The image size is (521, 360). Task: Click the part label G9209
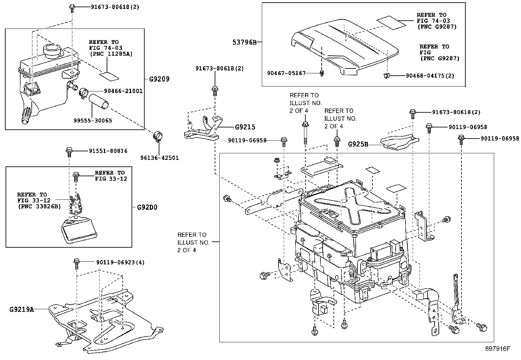click(x=159, y=79)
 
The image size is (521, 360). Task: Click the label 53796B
click(x=244, y=42)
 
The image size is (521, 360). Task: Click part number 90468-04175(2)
click(x=430, y=76)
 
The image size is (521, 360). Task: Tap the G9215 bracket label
click(x=245, y=127)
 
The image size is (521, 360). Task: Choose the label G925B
click(x=358, y=144)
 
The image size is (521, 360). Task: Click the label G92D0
click(x=147, y=207)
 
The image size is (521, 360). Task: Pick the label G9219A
click(x=22, y=309)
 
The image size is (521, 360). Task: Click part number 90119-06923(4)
click(x=120, y=262)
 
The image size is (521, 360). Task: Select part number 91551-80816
click(x=108, y=151)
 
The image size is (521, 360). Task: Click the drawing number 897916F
click(x=498, y=349)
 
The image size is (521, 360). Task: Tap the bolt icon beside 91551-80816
click(x=69, y=151)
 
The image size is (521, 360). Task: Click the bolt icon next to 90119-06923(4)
click(x=76, y=263)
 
